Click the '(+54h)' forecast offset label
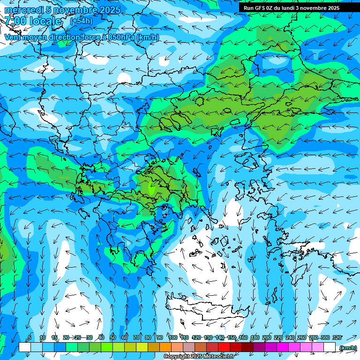click(81, 21)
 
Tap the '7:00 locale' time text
click(33, 21)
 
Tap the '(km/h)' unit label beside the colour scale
click(348, 347)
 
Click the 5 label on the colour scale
click(30, 337)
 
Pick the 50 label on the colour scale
click(113, 337)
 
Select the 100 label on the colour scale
click(173, 337)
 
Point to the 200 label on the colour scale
click(267, 337)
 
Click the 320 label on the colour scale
click(337, 337)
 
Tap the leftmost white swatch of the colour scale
click(25, 347)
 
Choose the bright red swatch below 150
click(224, 347)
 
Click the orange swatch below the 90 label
click(165, 347)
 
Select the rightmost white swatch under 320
click(330, 347)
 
